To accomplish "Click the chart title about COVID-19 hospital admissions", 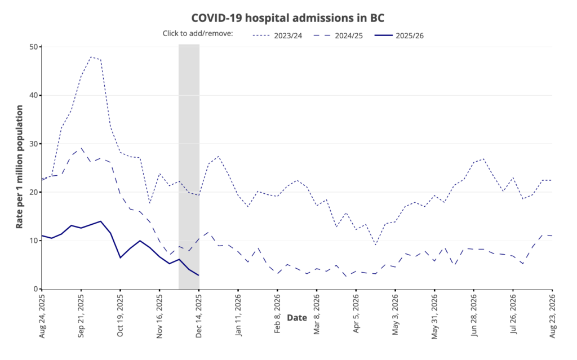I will coord(287,17).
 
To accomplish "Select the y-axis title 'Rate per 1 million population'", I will coord(20,167).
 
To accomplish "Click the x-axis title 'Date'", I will coord(297,318).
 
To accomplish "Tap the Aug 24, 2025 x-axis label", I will coord(42,314).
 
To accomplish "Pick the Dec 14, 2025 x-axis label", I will coord(199,314).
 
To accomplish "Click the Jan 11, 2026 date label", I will coord(238,314).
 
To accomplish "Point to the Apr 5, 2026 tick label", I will coord(356,313).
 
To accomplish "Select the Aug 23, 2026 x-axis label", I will coord(552,314).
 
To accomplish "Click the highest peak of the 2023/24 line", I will coord(91,56).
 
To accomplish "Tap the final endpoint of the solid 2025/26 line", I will coord(199,275).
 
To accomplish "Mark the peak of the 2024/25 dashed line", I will coord(82,148).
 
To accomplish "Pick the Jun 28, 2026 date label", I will coord(474,314).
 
